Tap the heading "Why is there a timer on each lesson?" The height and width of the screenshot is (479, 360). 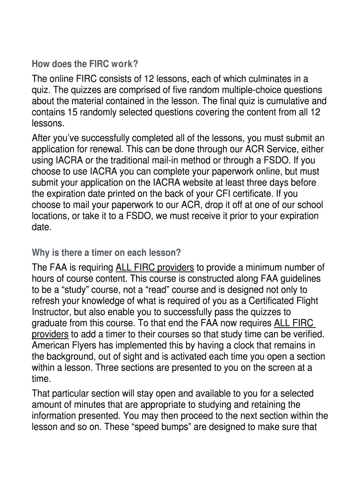click(x=106, y=253)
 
